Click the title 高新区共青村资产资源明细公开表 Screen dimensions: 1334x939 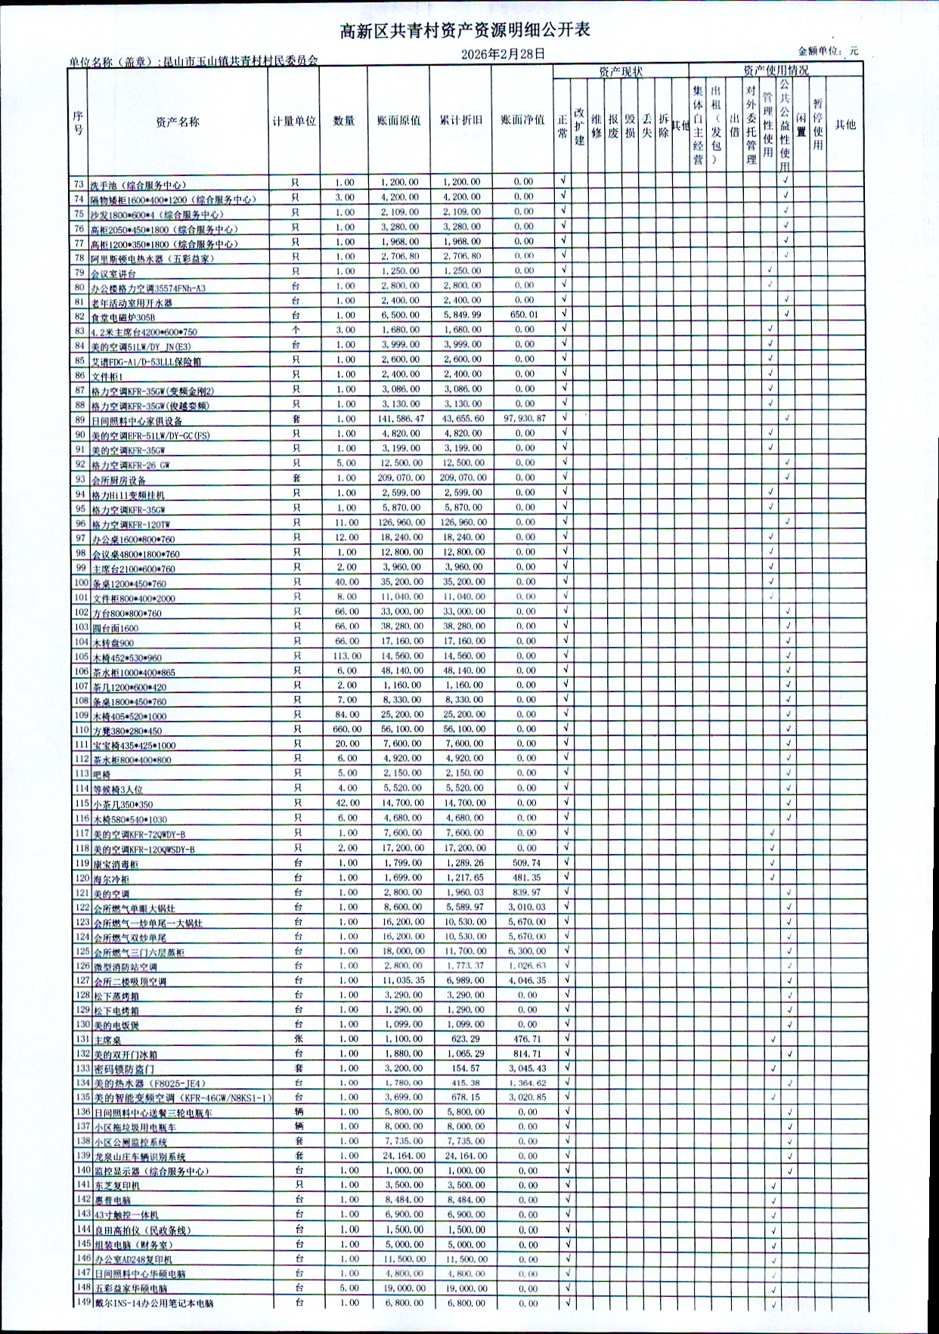(x=464, y=30)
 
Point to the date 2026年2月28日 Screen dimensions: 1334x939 (x=503, y=54)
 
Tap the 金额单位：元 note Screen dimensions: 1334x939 (x=828, y=51)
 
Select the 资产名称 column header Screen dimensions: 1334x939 (x=178, y=122)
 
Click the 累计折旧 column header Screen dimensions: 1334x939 (x=460, y=120)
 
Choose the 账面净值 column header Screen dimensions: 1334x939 (x=522, y=120)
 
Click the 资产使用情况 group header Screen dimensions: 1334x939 (x=775, y=71)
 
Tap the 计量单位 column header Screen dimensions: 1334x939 (x=294, y=121)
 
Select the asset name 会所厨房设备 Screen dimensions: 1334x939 (x=119, y=480)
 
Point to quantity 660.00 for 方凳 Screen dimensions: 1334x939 (x=347, y=729)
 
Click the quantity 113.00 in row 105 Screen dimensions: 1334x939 (x=347, y=656)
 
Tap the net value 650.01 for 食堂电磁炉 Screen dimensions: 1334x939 (x=524, y=315)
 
